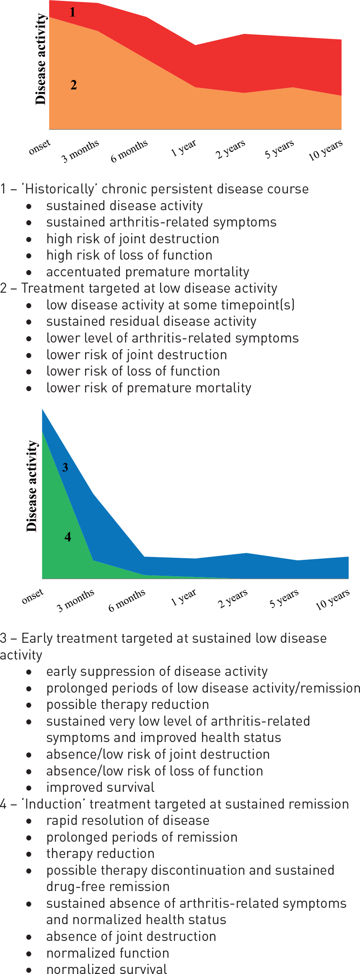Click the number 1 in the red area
73,12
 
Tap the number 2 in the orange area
74,85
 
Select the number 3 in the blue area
65,467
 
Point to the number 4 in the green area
68,537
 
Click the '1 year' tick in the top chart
184,147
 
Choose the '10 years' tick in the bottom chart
332,599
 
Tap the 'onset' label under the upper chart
39,147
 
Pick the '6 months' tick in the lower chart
127,600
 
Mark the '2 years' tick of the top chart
231,149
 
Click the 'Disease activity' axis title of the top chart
40,59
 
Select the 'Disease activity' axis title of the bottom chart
31,486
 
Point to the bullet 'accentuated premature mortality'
148,272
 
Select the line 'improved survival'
100,787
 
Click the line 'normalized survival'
106,969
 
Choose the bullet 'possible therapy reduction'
127,704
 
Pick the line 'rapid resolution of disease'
127,820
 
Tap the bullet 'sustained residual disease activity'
151,322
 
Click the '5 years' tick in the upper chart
279,149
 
